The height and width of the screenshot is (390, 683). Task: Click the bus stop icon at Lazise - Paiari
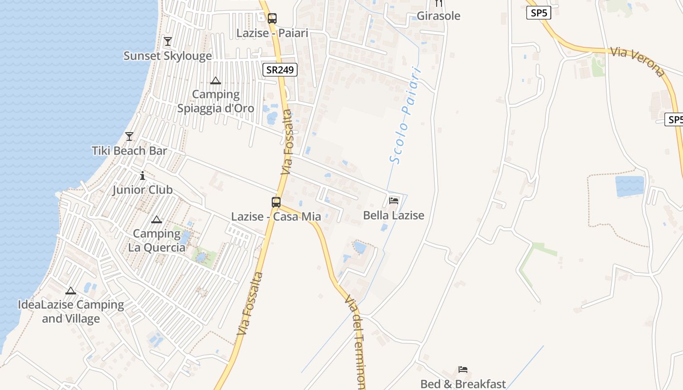point(272,19)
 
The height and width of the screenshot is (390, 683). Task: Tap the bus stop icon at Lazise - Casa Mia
point(276,202)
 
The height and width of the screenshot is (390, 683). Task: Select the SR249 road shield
point(280,70)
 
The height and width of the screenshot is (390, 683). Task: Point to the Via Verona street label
point(638,62)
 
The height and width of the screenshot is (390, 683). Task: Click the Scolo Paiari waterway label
point(405,115)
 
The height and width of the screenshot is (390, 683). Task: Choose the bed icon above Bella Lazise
point(394,200)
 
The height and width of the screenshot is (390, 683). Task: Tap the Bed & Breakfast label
point(463,384)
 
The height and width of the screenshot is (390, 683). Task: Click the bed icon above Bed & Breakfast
point(463,370)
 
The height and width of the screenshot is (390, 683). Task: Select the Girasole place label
point(438,16)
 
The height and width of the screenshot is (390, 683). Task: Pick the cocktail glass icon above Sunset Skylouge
point(168,41)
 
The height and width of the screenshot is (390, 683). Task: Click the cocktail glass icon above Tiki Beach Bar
point(129,136)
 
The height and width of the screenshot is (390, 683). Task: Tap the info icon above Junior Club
point(142,175)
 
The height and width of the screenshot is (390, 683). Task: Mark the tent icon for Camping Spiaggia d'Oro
point(216,80)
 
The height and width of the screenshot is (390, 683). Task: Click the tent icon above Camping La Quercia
point(156,220)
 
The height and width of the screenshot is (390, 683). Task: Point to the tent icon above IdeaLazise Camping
point(71,291)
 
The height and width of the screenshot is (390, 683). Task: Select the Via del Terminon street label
point(356,341)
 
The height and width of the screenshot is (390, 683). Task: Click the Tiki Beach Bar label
point(129,151)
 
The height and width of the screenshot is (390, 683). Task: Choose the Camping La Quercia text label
point(157,240)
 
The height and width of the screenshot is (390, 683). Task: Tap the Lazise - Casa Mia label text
point(276,216)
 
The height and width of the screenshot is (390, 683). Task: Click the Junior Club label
point(142,190)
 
